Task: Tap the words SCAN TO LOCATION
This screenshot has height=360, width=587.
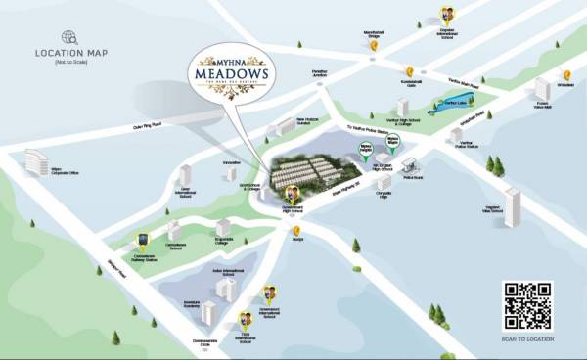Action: click(x=527, y=337)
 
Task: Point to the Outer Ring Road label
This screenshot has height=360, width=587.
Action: click(x=146, y=125)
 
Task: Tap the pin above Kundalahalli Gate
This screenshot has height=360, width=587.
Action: click(x=410, y=69)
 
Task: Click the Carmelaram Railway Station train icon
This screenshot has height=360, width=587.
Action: click(x=144, y=239)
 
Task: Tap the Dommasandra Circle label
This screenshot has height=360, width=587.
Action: click(x=204, y=341)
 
